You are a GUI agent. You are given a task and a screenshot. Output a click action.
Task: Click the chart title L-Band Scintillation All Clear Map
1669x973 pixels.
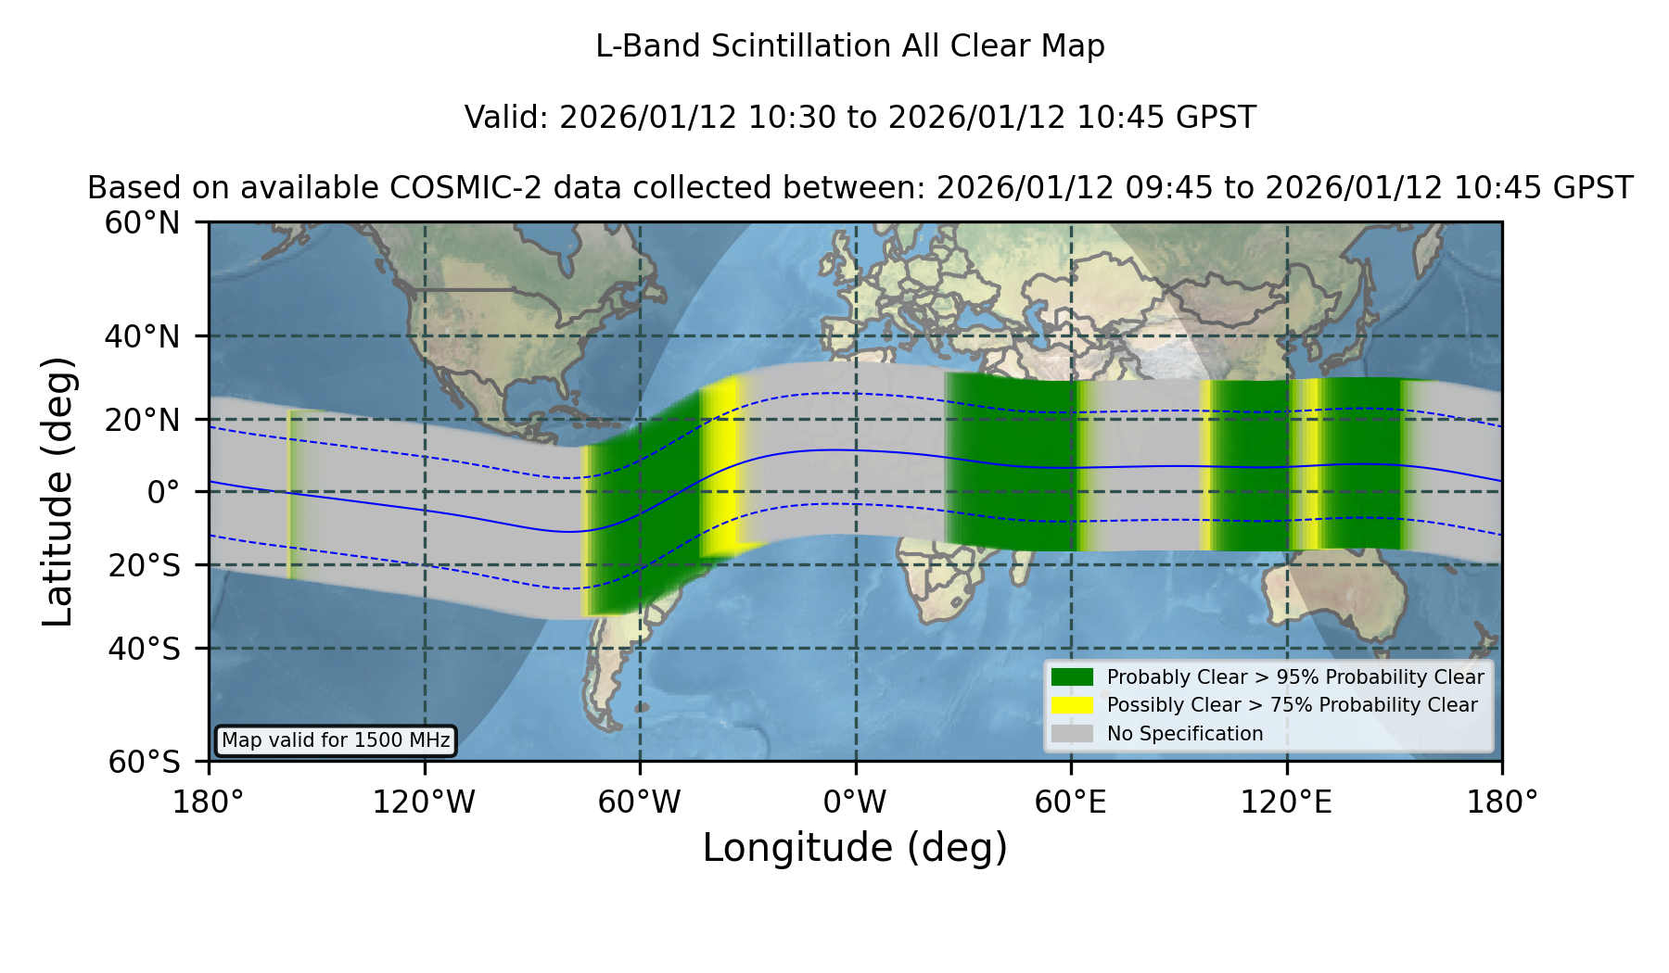coord(850,46)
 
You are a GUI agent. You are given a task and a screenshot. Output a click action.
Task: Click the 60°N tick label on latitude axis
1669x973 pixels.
coord(143,222)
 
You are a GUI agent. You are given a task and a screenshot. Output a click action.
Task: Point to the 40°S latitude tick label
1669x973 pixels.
coord(144,649)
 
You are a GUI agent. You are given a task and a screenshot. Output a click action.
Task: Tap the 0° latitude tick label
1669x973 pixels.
coord(163,492)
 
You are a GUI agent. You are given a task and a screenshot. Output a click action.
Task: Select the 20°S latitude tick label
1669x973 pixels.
coord(144,565)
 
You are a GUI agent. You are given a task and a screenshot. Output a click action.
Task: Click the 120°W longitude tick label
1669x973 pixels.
coord(424,802)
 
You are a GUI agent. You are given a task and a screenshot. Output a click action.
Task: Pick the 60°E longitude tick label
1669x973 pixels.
coord(1071,802)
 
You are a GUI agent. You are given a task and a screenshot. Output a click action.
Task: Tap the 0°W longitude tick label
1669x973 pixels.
coord(856,802)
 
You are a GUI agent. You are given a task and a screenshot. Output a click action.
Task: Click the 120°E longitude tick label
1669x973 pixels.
coord(1287,802)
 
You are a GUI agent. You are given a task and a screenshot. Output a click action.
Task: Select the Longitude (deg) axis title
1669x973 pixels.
coord(855,848)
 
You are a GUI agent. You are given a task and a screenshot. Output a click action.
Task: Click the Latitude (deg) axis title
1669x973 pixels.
coord(58,491)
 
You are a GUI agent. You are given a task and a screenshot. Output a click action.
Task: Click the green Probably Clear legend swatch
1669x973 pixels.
coord(1072,676)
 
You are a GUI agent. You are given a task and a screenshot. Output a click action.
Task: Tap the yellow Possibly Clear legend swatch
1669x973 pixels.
coord(1072,704)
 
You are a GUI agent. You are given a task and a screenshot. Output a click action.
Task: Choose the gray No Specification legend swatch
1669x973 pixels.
coord(1072,733)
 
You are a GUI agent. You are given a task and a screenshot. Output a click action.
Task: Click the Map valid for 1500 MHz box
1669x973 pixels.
coord(336,740)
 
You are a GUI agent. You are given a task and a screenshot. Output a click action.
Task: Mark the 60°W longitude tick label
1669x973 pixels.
coord(640,802)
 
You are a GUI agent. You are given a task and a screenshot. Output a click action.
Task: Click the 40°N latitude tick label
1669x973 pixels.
coord(143,336)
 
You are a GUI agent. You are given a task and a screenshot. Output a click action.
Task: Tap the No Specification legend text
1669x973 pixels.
coord(1185,734)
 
